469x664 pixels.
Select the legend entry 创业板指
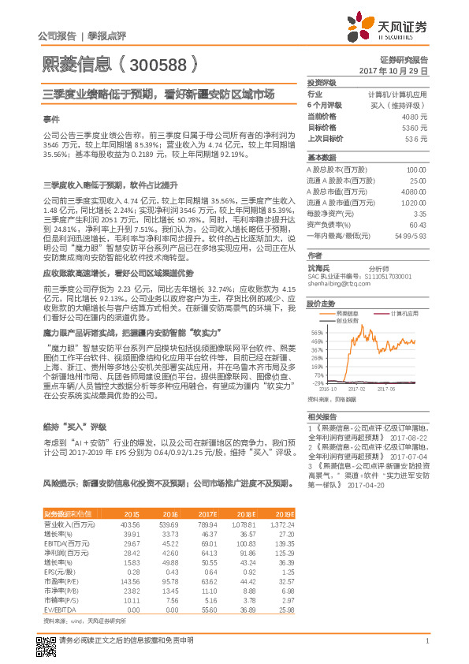(x=347, y=320)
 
